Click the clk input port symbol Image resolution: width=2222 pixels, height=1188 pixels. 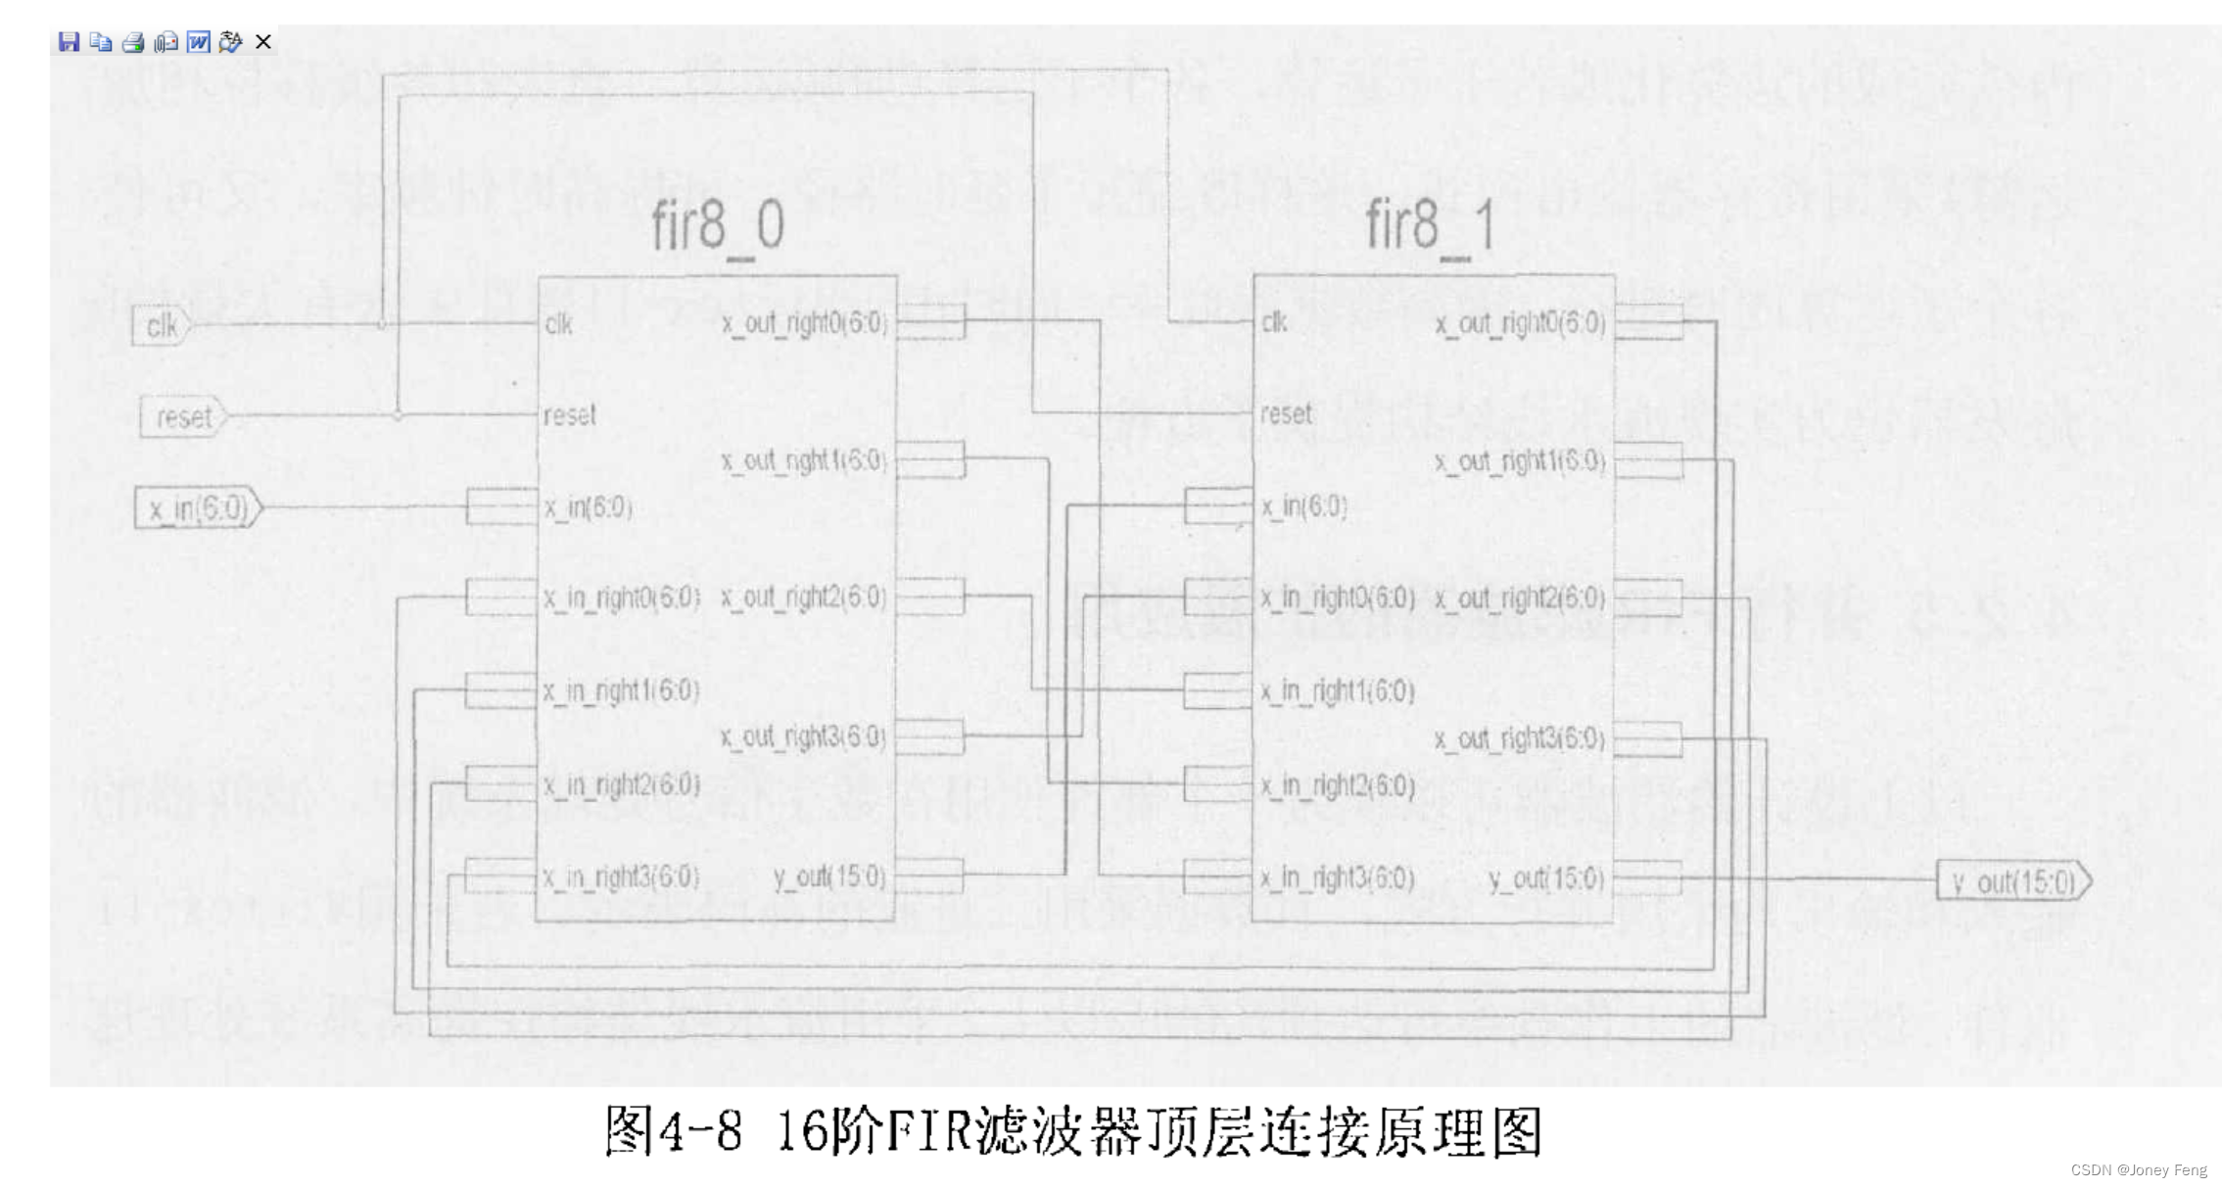161,325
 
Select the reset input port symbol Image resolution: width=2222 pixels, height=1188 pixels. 183,417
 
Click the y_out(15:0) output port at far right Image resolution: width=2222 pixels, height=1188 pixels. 2013,882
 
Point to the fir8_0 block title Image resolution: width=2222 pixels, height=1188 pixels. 718,226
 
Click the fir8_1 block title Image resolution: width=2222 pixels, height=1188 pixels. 1431,226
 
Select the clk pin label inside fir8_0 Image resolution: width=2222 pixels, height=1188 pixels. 559,324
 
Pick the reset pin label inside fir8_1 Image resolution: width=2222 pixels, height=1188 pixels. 1286,414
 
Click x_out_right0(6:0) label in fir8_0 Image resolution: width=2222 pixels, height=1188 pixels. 804,324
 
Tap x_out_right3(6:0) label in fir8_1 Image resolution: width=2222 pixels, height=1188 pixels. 1520,738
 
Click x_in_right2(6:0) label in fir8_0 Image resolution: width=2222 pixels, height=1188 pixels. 621,785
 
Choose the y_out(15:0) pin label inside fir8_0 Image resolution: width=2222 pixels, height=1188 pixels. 828,877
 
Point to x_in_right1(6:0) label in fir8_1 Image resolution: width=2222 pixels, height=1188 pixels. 1338,691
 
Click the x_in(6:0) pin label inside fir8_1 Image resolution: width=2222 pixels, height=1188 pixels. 1304,506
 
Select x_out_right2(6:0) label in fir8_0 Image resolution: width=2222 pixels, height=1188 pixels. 803,597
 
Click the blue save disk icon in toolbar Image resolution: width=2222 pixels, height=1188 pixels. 69,42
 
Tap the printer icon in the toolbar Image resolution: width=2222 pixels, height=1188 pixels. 133,42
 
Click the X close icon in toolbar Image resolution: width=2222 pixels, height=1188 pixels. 263,42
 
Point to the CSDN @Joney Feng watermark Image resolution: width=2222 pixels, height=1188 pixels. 2139,1170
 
